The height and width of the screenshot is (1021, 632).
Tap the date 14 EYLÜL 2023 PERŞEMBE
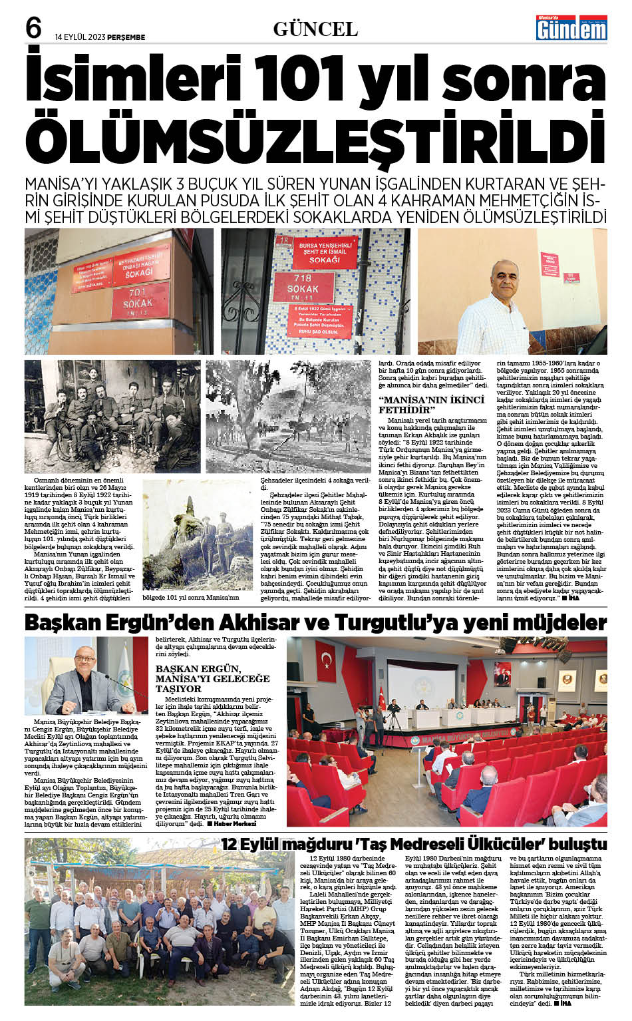(100, 37)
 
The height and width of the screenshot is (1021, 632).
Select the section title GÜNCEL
(315, 29)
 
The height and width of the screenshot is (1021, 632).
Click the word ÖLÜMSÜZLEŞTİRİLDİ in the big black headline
(315, 139)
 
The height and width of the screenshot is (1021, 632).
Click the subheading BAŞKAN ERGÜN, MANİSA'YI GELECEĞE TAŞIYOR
(212, 678)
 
